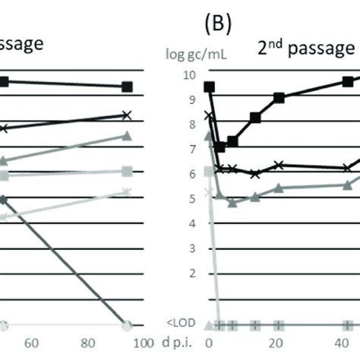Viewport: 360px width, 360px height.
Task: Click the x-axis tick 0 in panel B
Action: [x=210, y=343]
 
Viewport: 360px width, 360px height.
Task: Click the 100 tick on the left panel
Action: [x=128, y=343]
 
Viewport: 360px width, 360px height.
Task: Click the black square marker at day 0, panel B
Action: [x=210, y=87]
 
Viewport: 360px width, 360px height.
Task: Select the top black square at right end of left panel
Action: [x=127, y=87]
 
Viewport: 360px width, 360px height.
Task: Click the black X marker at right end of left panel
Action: [x=127, y=115]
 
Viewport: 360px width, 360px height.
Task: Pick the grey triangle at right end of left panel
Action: [x=127, y=136]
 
